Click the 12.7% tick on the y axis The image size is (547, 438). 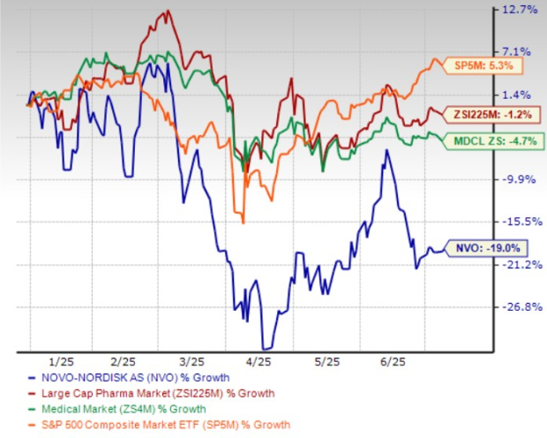pos(520,11)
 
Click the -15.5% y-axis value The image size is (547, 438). pos(519,222)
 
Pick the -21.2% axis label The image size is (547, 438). pos(519,264)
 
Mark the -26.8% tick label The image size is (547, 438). pos(519,306)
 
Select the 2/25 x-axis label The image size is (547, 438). pos(124,363)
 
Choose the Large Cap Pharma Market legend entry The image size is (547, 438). pos(146,393)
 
